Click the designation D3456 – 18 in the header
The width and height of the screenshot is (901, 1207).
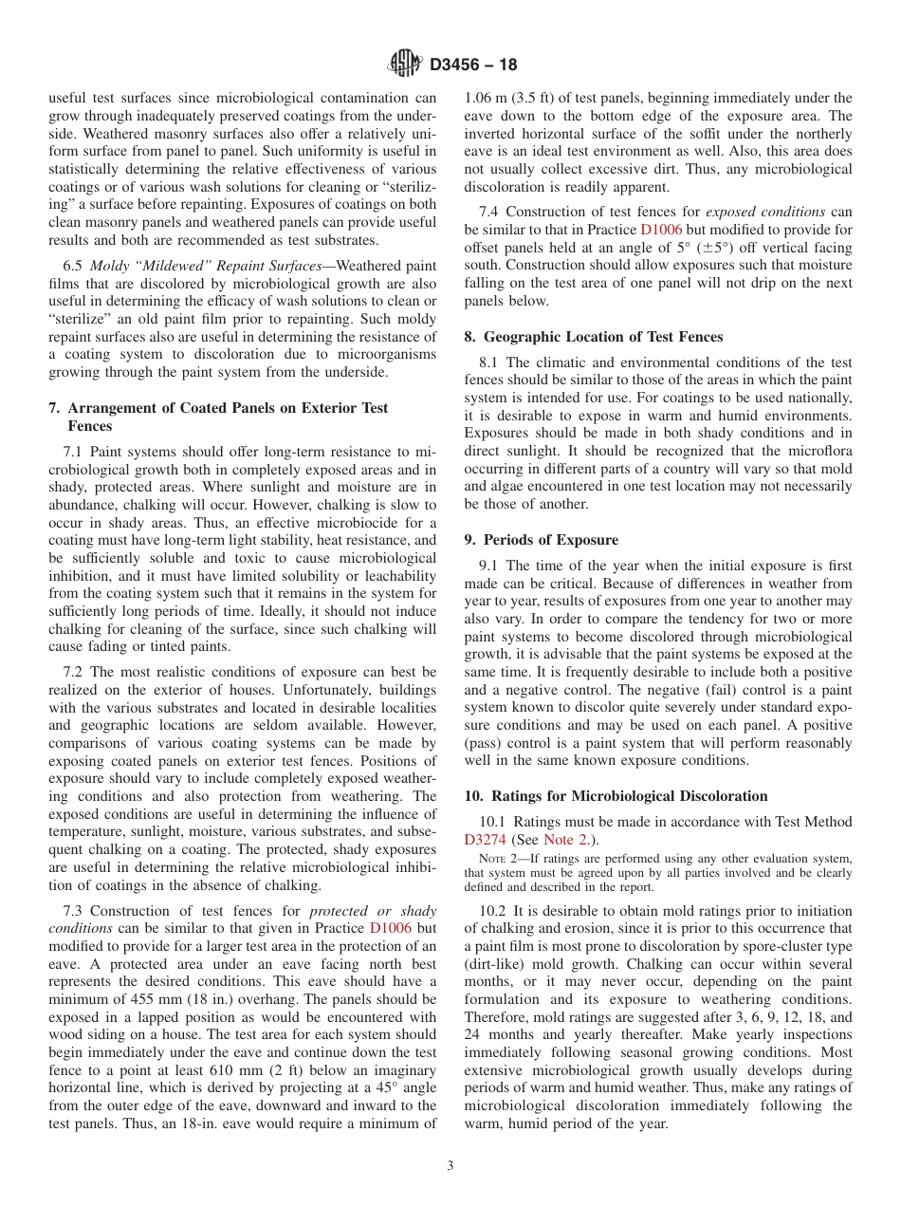coord(473,65)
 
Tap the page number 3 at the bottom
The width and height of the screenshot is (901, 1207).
coord(450,1166)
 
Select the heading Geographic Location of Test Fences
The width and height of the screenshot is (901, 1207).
coord(603,337)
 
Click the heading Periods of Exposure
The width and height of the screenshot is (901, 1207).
coord(550,540)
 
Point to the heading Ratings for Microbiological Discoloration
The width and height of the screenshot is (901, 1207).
coord(625,796)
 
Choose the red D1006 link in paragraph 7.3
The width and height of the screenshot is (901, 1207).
coord(390,928)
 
